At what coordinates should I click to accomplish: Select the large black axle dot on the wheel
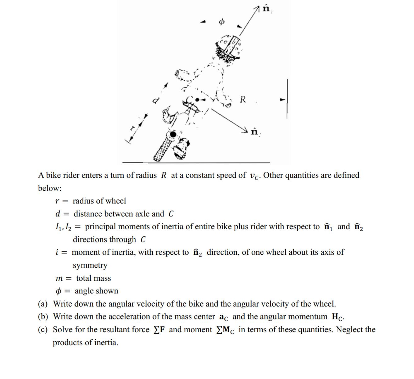point(173,134)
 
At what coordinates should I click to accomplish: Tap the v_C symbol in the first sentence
point(255,176)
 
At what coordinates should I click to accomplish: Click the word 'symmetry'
point(90,265)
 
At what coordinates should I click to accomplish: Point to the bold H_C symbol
point(338,317)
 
